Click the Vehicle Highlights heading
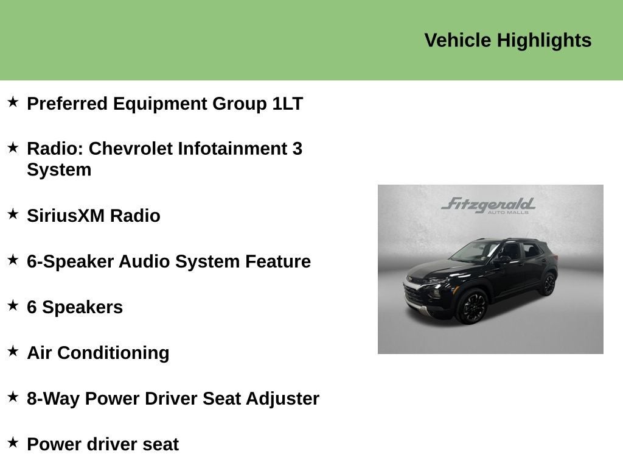click(x=507, y=40)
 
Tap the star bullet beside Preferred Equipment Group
click(x=13, y=102)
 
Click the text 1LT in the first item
click(x=287, y=104)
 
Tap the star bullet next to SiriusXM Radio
click(x=13, y=214)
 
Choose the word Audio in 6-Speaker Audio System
click(x=144, y=261)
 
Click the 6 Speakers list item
click(x=75, y=307)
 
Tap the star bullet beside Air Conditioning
click(x=13, y=351)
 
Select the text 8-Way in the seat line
click(x=53, y=399)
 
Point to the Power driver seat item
click(x=103, y=444)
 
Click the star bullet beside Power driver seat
click(x=13, y=442)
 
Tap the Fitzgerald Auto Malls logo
click(x=488, y=205)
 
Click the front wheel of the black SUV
click(x=472, y=306)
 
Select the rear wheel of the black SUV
click(x=549, y=283)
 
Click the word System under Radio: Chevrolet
click(x=59, y=169)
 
